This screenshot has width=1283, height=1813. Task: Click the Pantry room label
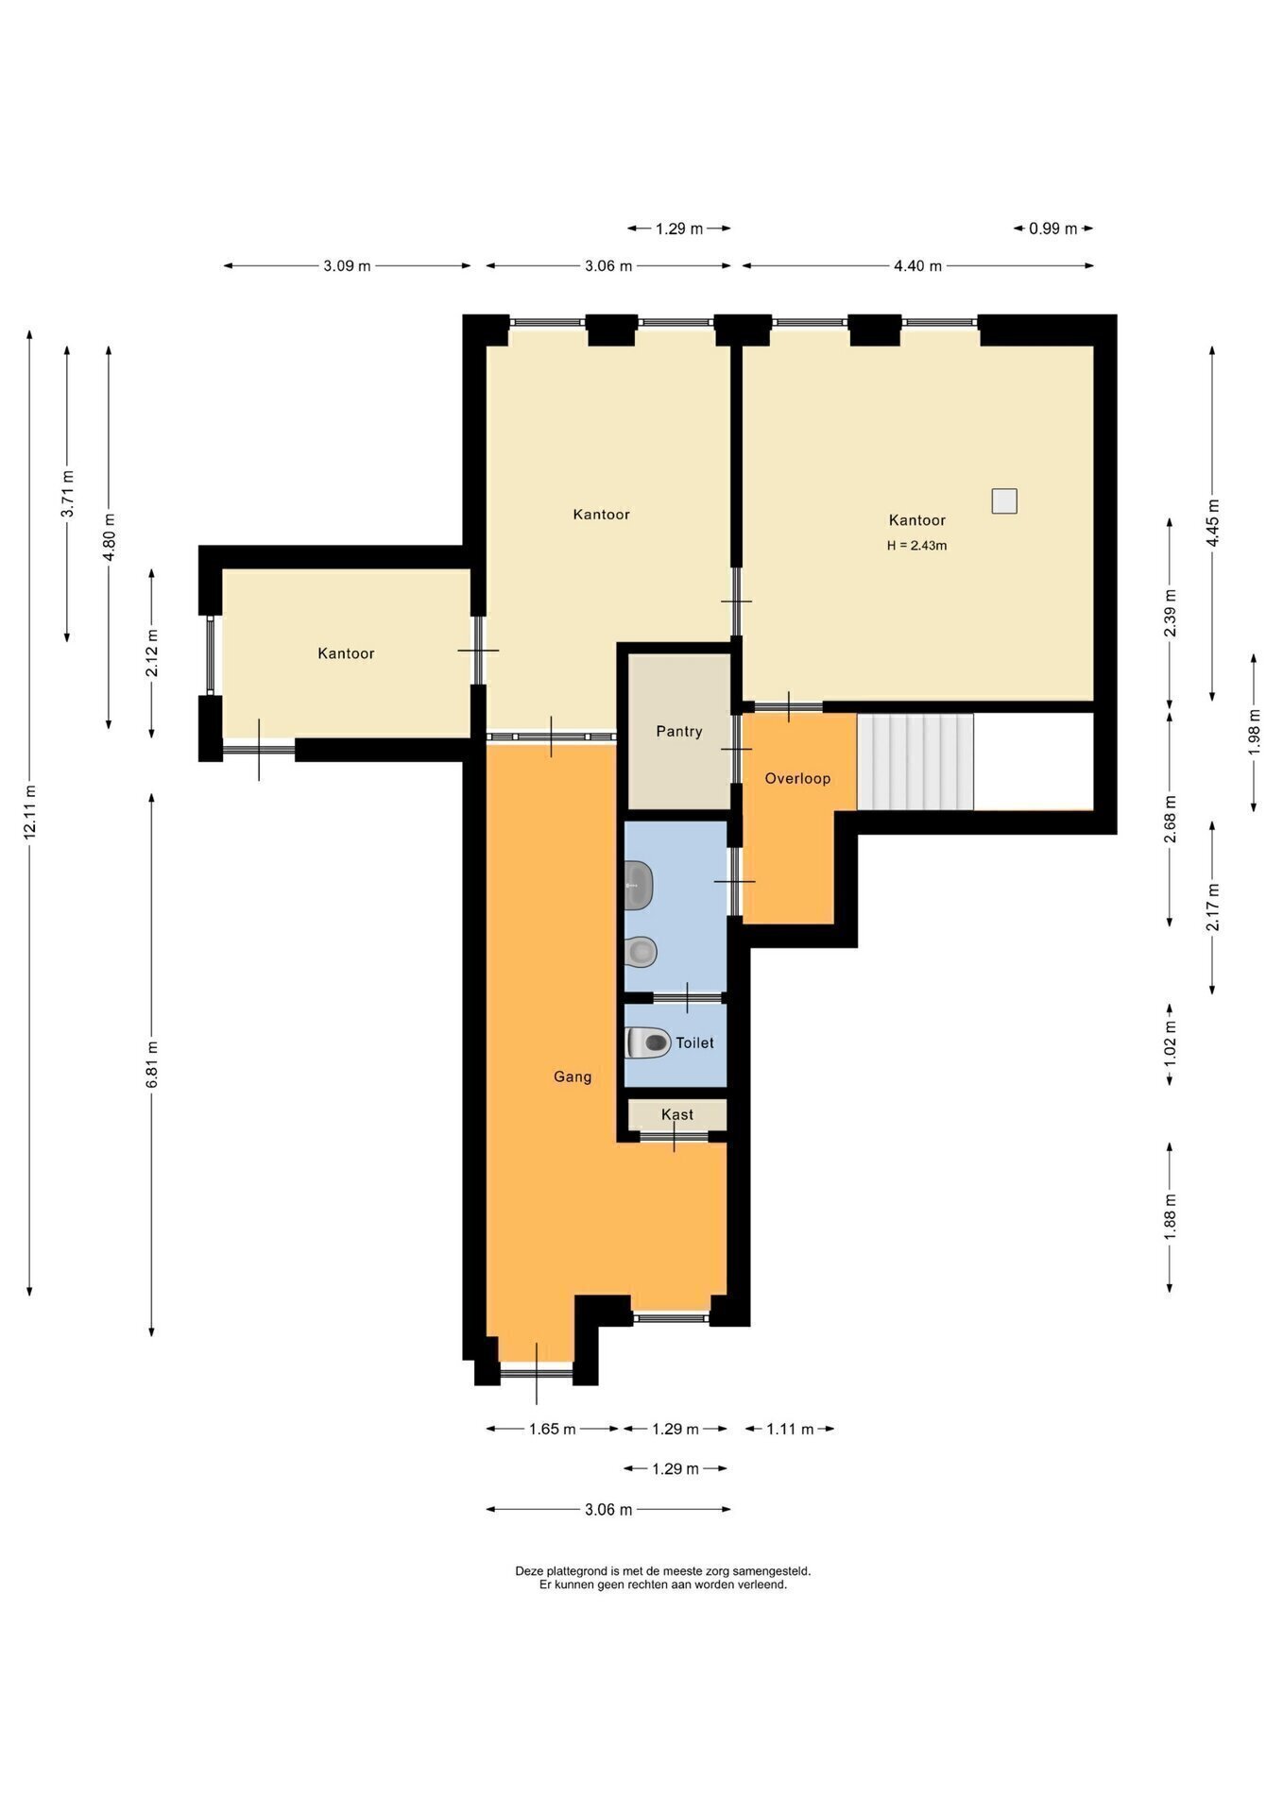[x=679, y=732]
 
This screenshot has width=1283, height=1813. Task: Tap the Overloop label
[x=797, y=779]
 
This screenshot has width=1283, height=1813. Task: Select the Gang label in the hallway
[x=573, y=1076]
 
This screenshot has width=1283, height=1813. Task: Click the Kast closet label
[x=677, y=1114]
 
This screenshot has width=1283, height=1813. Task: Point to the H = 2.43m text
[x=916, y=546]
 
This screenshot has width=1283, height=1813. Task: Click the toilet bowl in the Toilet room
[x=647, y=1042]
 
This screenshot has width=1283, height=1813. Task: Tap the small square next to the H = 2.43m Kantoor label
[x=1004, y=500]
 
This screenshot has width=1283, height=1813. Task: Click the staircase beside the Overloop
[x=915, y=761]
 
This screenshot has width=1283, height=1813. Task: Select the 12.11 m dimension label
[x=30, y=812]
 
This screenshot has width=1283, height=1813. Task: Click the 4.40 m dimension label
[x=917, y=266]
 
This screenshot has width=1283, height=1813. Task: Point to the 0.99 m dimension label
[x=1053, y=229]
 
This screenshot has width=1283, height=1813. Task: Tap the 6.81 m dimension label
[x=152, y=1064]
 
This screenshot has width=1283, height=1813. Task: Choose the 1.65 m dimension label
[x=552, y=1429]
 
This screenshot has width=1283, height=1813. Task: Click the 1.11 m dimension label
[x=790, y=1429]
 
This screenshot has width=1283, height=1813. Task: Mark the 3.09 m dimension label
[x=347, y=266]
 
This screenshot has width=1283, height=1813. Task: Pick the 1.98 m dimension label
[x=1255, y=732]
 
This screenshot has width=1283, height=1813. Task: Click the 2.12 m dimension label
[x=152, y=653]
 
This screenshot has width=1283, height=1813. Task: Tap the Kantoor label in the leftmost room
[x=346, y=653]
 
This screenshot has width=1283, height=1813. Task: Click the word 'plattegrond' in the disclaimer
[x=575, y=1571]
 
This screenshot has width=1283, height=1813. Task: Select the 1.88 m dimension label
[x=1171, y=1218]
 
